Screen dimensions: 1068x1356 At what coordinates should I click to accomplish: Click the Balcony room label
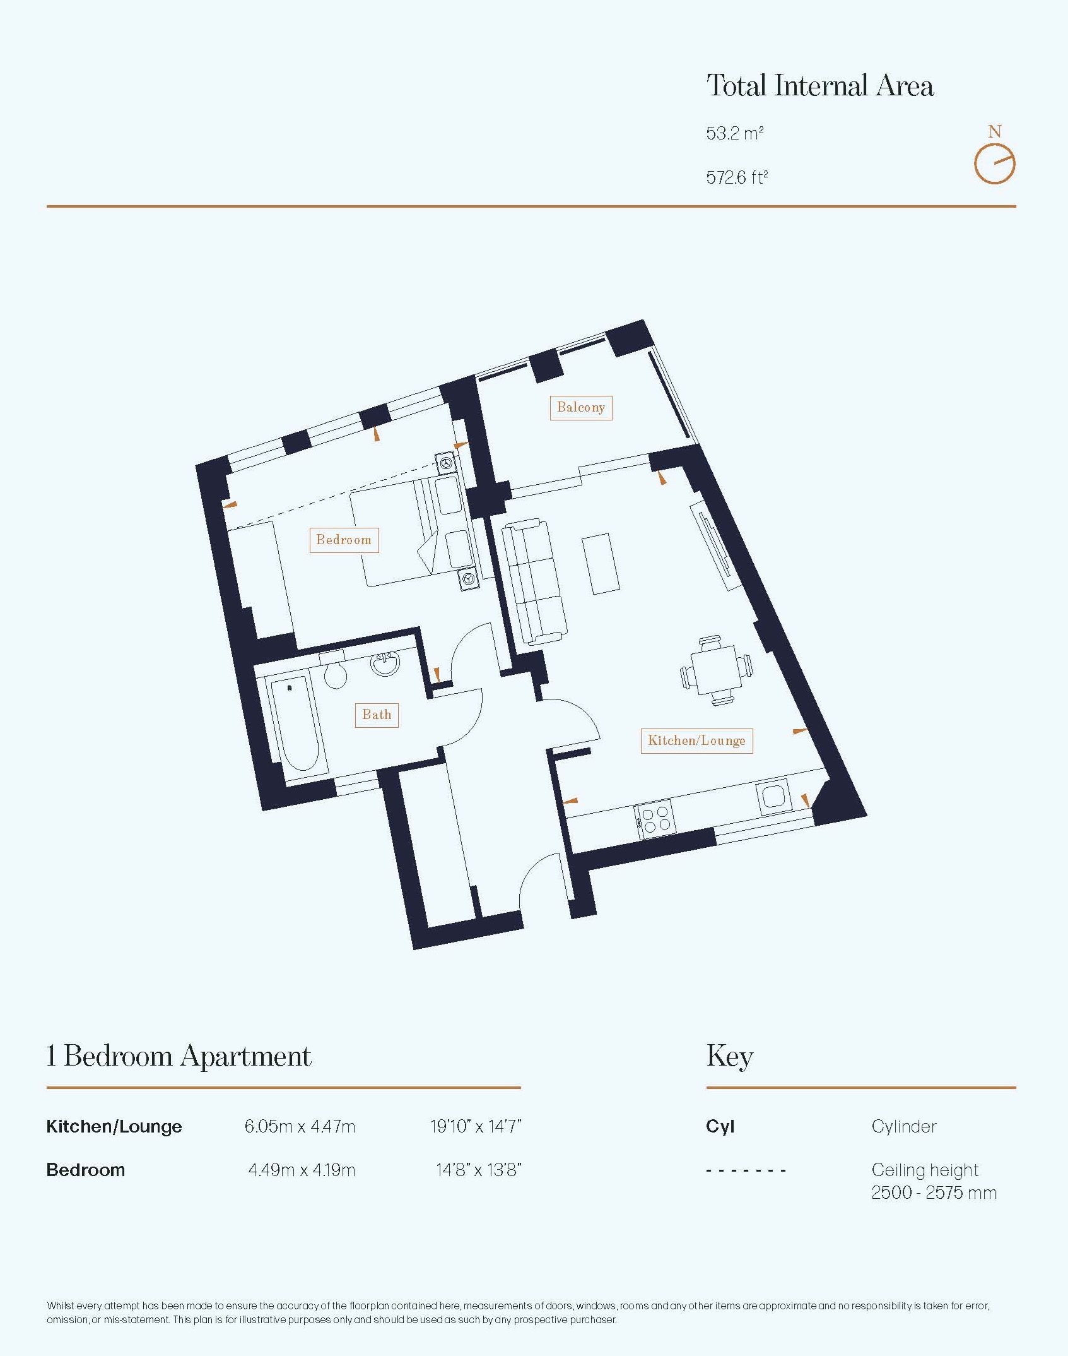[580, 408]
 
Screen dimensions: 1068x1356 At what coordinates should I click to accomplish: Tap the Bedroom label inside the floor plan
[344, 540]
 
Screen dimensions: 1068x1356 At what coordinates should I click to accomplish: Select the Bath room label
[377, 715]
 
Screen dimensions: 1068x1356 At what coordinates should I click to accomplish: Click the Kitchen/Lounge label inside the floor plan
[696, 741]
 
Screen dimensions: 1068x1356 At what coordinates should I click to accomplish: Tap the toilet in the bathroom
[334, 670]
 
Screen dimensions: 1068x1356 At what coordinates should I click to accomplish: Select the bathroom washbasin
[385, 664]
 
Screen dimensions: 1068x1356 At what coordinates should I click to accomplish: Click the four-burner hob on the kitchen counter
[655, 820]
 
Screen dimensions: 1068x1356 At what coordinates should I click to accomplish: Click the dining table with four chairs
[717, 670]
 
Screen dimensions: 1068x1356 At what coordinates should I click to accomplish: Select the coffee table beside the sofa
[601, 564]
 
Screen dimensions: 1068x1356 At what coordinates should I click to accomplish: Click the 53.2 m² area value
[735, 134]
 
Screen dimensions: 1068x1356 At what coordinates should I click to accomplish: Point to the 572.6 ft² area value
[737, 177]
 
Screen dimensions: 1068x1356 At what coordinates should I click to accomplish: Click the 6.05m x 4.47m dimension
[300, 1126]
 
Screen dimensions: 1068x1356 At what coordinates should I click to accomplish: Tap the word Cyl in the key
[720, 1126]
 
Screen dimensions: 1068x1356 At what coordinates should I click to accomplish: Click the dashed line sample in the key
[746, 1170]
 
